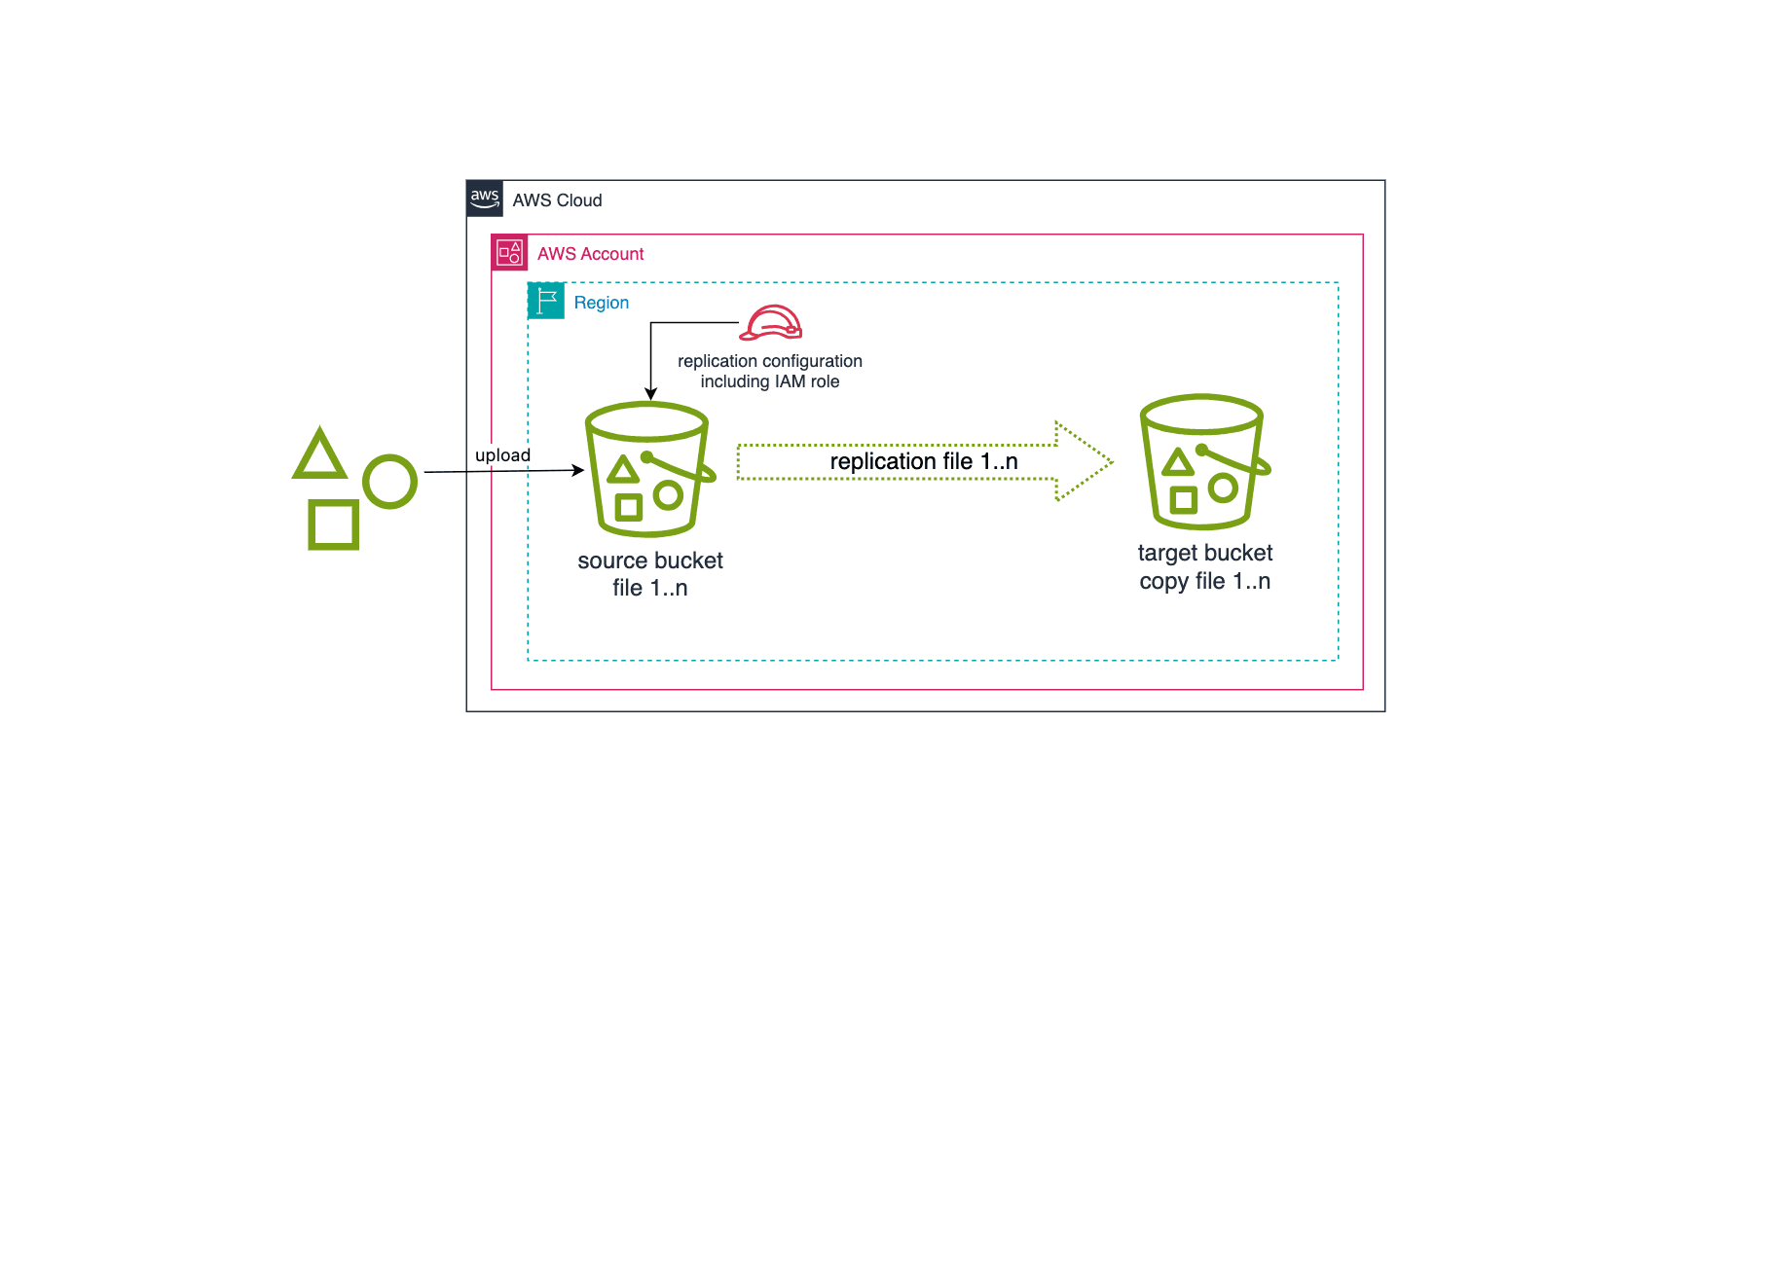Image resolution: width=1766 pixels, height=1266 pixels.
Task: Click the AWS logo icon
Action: click(x=485, y=198)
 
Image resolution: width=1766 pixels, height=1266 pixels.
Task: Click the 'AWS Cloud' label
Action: click(x=557, y=200)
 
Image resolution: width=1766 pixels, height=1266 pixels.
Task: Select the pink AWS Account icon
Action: click(x=509, y=253)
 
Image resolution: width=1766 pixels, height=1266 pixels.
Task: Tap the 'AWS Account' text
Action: click(x=590, y=254)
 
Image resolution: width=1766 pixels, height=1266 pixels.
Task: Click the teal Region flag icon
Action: click(x=546, y=301)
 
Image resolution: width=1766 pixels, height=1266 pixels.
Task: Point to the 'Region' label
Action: click(x=601, y=303)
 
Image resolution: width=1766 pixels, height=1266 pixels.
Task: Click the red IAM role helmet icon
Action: click(x=770, y=322)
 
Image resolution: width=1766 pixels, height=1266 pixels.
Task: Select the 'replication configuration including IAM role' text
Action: click(x=769, y=371)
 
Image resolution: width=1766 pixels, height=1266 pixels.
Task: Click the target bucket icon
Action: click(x=1204, y=461)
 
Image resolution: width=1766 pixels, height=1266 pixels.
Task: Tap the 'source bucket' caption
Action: click(x=649, y=561)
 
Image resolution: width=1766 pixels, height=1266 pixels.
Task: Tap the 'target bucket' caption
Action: click(x=1204, y=553)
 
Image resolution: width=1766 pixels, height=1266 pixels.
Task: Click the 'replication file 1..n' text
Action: click(x=923, y=461)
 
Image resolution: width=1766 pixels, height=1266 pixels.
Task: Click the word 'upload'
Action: click(x=502, y=455)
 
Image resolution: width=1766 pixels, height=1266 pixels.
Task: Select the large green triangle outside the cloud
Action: click(x=319, y=455)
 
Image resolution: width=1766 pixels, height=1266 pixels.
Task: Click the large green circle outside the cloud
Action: click(x=389, y=482)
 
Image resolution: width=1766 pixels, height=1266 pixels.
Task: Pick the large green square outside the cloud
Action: click(x=333, y=525)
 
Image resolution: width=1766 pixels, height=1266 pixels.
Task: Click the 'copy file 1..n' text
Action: click(x=1204, y=581)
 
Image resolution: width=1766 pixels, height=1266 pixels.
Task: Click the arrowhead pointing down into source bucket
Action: click(x=650, y=394)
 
